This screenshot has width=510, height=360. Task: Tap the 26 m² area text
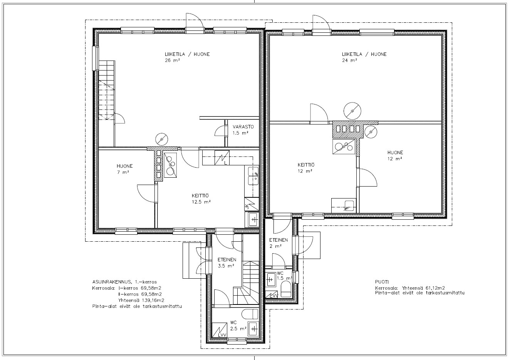click(x=172, y=61)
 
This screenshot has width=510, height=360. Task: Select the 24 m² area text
click(x=349, y=61)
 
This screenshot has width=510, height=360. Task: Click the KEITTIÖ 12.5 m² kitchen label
click(x=201, y=199)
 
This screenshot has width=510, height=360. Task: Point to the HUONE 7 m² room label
click(x=124, y=169)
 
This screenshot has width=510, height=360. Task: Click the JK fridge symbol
click(x=252, y=204)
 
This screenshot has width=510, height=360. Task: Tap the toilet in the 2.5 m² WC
click(x=250, y=314)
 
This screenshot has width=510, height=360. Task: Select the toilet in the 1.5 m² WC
click(x=286, y=289)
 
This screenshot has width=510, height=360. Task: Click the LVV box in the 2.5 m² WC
click(x=219, y=330)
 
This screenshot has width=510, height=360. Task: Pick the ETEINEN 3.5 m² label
click(x=226, y=263)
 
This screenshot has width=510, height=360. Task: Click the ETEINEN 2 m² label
click(x=278, y=243)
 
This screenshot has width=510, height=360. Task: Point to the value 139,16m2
click(x=154, y=300)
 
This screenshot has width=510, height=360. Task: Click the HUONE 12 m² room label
click(x=395, y=156)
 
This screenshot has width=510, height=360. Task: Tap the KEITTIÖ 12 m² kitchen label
click(x=306, y=168)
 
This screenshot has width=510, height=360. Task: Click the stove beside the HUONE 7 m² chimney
click(x=170, y=165)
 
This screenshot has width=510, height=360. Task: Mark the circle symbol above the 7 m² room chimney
click(x=162, y=139)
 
